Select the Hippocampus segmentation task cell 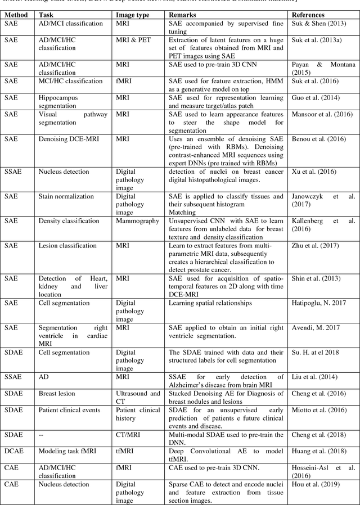point(58,101)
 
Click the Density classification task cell point(69,221)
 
